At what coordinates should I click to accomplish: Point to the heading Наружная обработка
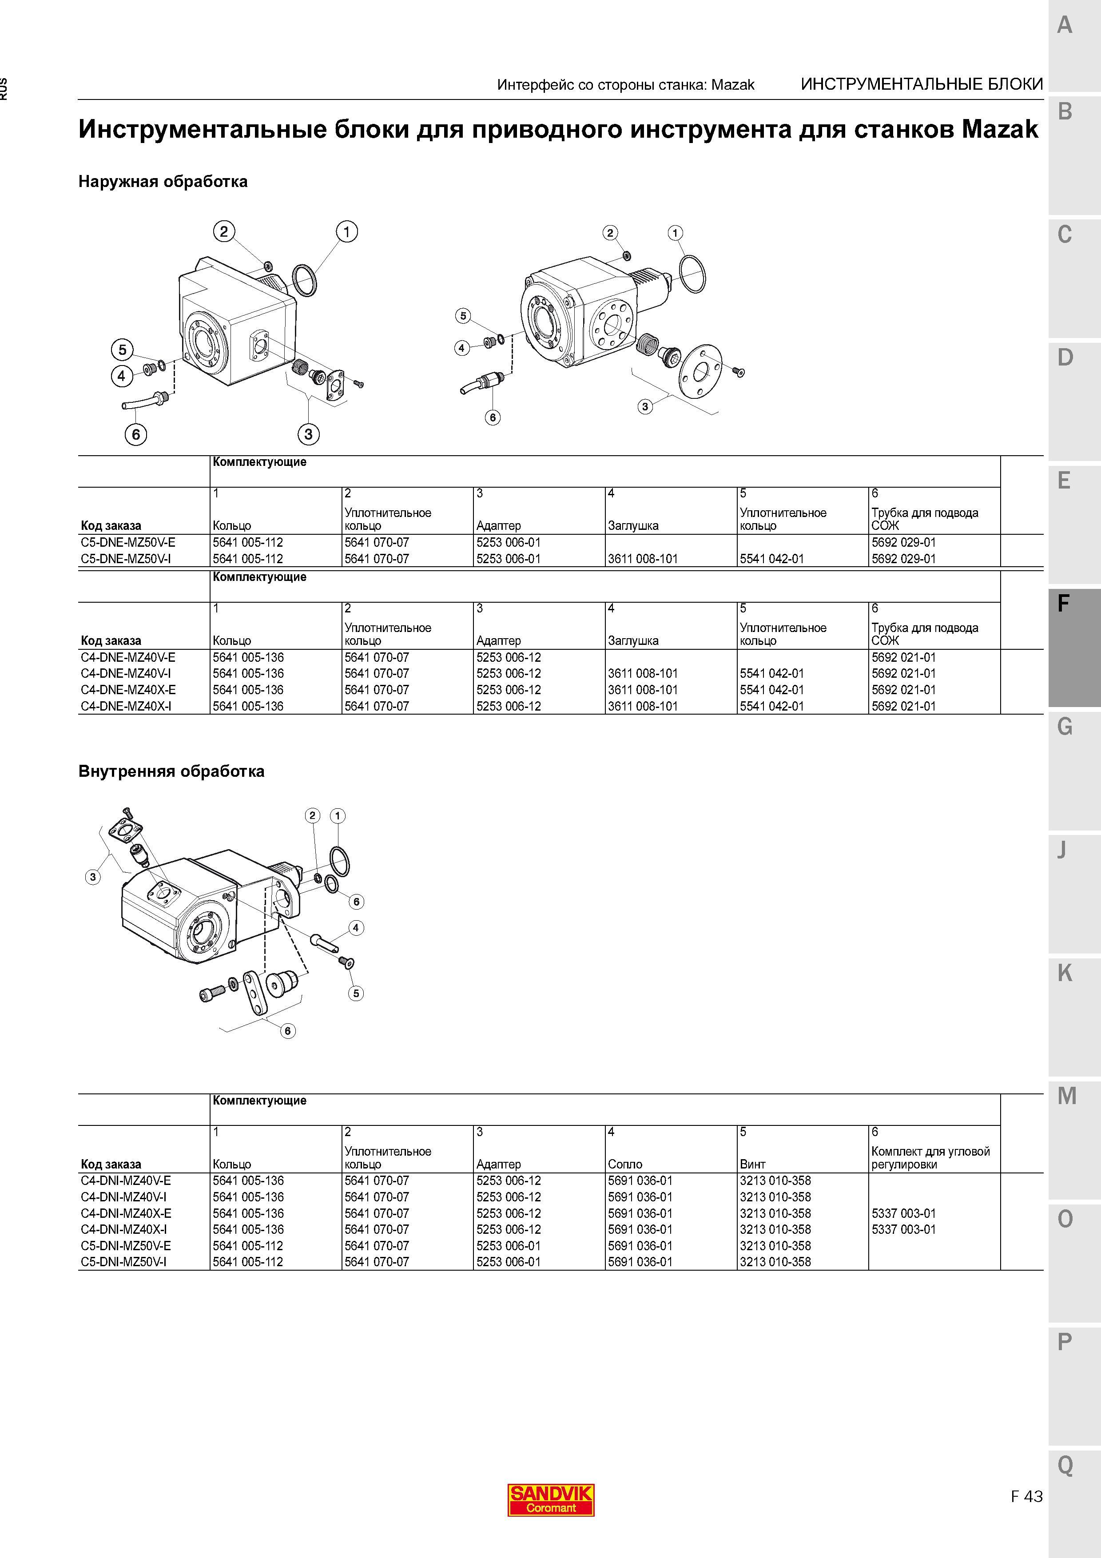tap(163, 182)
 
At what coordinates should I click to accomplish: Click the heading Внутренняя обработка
tap(171, 771)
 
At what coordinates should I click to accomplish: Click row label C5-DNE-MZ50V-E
tap(127, 543)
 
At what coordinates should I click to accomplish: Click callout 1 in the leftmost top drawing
tap(347, 231)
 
